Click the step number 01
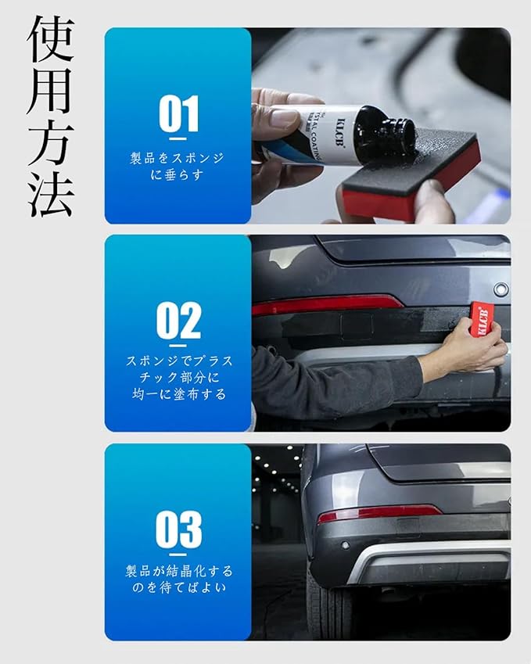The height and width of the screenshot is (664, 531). click(x=178, y=113)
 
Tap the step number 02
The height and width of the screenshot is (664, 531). click(x=178, y=320)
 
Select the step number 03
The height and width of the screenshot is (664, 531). click(x=178, y=529)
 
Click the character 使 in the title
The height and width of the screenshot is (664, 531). click(x=51, y=39)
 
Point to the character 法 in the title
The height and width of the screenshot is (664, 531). click(x=51, y=193)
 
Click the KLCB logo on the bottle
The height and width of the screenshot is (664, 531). click(x=335, y=134)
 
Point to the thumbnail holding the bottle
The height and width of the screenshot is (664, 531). click(x=283, y=117)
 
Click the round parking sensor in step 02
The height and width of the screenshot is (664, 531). click(x=501, y=289)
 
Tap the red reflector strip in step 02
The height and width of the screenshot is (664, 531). click(x=327, y=304)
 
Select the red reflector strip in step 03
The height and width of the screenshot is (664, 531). click(x=379, y=513)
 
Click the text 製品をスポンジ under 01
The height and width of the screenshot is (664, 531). click(x=178, y=159)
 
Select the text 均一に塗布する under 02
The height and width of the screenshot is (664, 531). click(x=179, y=395)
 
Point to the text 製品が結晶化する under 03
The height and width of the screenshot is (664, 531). click(x=179, y=571)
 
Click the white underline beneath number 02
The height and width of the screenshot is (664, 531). click(x=178, y=346)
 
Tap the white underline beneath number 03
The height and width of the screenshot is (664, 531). click(x=178, y=555)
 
